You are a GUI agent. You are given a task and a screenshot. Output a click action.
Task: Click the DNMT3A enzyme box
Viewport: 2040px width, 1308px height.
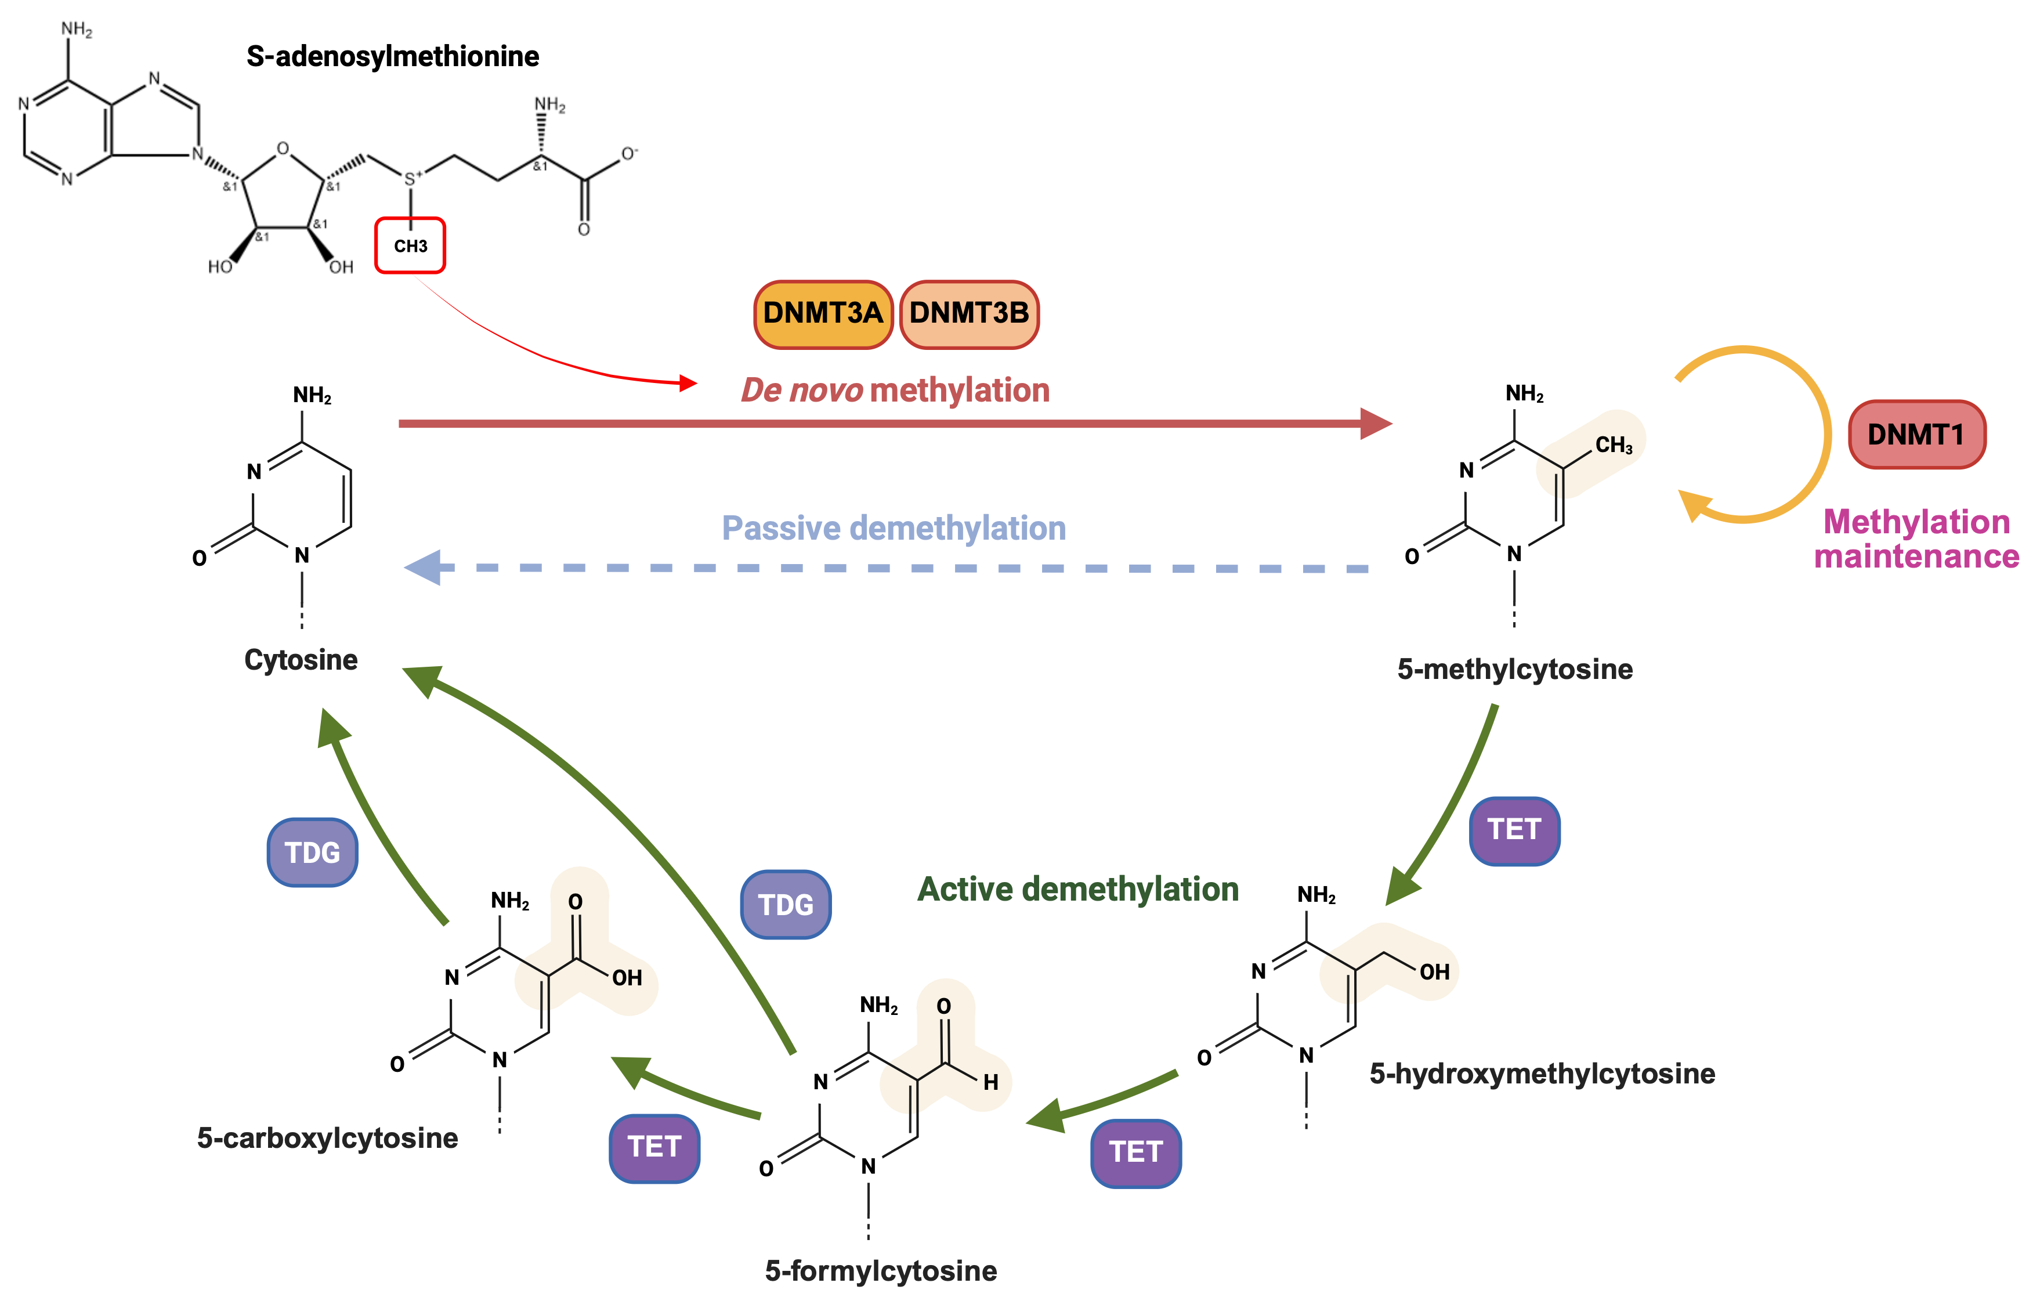823,313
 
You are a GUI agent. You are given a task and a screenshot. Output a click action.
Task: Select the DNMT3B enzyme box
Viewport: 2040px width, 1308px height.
968,313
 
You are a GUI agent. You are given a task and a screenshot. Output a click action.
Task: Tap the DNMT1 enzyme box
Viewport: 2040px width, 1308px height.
1916,435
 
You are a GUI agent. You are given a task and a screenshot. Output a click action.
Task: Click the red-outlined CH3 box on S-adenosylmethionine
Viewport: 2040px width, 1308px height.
410,245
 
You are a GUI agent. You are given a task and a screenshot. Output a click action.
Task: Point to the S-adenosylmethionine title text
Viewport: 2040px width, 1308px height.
392,56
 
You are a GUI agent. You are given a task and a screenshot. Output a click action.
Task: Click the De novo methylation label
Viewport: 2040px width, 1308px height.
895,390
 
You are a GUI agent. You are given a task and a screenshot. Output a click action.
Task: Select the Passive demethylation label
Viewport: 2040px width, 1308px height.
893,528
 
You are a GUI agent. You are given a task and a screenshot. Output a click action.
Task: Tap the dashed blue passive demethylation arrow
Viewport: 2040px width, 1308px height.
891,568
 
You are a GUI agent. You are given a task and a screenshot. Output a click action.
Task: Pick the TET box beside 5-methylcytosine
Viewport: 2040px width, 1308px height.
1514,830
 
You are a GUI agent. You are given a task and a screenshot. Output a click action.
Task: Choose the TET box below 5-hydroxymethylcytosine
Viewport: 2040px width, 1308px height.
1135,1152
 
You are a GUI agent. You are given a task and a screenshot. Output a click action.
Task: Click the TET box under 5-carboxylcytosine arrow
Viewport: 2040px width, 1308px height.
654,1147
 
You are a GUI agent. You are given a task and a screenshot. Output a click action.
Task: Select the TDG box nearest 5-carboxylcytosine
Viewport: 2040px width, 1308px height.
312,852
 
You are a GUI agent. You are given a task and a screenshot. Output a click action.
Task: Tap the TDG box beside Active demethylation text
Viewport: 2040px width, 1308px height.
785,905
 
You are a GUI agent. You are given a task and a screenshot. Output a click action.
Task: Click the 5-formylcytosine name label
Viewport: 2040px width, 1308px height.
880,1271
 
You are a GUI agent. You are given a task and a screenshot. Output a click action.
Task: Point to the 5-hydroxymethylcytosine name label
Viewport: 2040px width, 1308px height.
1542,1074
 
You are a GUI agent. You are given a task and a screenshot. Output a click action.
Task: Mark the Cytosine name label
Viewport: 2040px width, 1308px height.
301,660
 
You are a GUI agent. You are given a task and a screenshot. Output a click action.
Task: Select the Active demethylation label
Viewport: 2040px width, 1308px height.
1078,889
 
